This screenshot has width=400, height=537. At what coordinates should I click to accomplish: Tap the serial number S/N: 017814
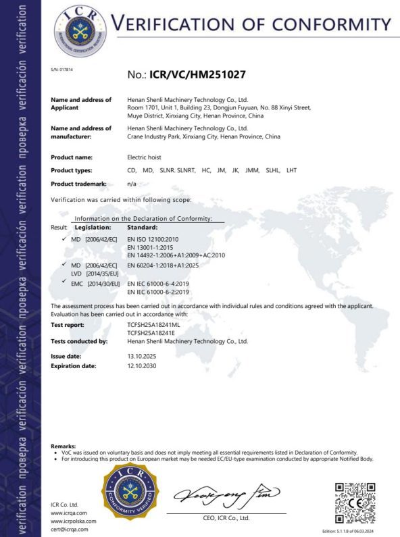(61, 70)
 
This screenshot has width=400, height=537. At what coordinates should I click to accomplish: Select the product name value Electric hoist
(146, 157)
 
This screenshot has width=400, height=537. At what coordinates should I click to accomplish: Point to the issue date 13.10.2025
(143, 355)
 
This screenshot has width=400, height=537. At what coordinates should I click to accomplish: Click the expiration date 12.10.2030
(143, 365)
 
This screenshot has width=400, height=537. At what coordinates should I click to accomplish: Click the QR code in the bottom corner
(355, 501)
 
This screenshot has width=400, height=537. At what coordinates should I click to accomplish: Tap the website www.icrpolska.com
(74, 521)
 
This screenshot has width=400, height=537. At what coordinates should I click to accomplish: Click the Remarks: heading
(64, 446)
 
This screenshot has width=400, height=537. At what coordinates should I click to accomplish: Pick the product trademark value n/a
(132, 184)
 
